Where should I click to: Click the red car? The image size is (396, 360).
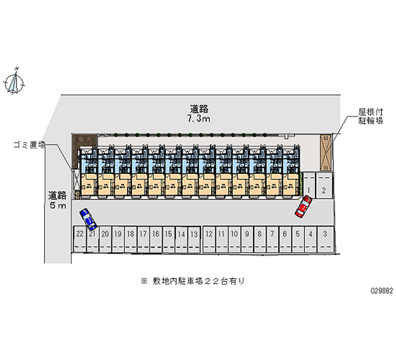click(303, 206)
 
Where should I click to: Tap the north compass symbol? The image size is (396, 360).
click(16, 81)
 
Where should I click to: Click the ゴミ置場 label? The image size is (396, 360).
click(29, 145)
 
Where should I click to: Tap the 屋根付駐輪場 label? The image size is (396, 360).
click(371, 116)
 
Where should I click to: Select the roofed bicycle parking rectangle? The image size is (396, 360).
click(327, 152)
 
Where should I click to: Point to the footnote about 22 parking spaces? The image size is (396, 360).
click(193, 281)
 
